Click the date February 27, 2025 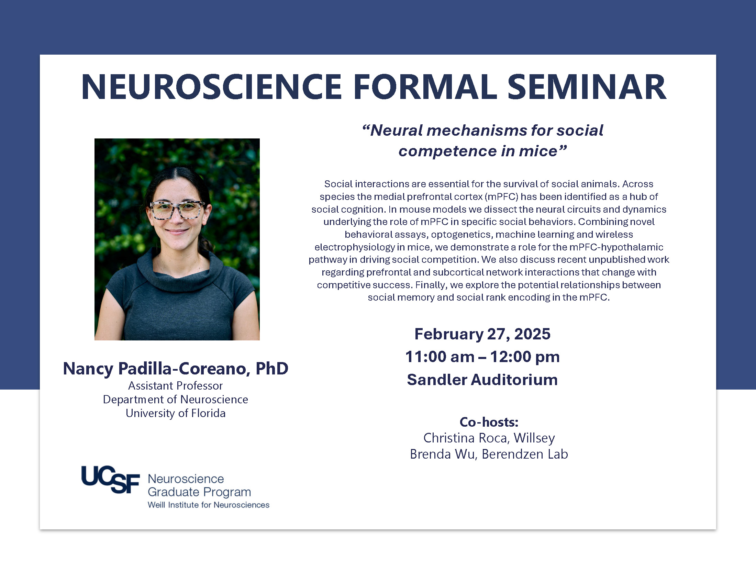click(x=482, y=334)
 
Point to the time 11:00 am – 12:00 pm click(x=482, y=357)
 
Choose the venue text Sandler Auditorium click(x=482, y=380)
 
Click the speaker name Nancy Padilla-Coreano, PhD click(x=176, y=369)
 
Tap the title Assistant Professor click(x=176, y=385)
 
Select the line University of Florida click(x=176, y=413)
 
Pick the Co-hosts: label click(x=489, y=422)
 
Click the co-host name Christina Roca click(x=465, y=438)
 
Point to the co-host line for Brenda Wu click(x=489, y=454)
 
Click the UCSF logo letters click(x=110, y=480)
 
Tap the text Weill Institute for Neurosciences click(x=208, y=505)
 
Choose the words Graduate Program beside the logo click(x=199, y=492)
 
